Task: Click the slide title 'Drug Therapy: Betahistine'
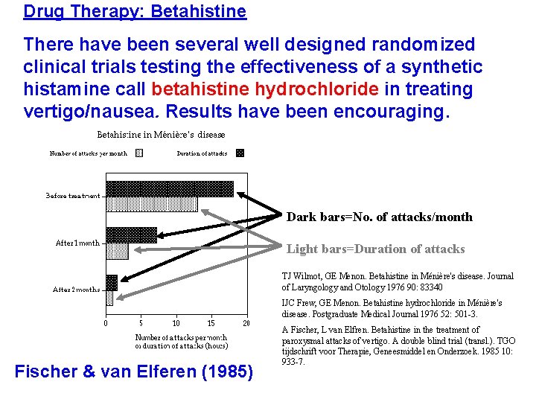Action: pyautogui.click(x=135, y=11)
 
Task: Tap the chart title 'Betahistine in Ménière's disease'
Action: pyautogui.click(x=162, y=135)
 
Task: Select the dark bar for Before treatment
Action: pyautogui.click(x=170, y=188)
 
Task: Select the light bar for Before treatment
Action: pyautogui.click(x=152, y=203)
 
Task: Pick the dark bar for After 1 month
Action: pyautogui.click(x=132, y=234)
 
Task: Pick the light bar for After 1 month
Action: pyautogui.click(x=117, y=251)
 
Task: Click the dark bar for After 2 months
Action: pyautogui.click(x=112, y=282)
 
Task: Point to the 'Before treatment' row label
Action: pyautogui.click(x=73, y=197)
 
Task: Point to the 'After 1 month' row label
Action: pyautogui.click(x=77, y=243)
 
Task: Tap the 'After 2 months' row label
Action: pyautogui.click(x=76, y=290)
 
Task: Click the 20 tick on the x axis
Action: pyautogui.click(x=246, y=323)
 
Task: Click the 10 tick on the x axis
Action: pyautogui.click(x=176, y=323)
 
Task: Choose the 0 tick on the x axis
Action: pyautogui.click(x=106, y=323)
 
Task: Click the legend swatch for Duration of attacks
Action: pyautogui.click(x=240, y=153)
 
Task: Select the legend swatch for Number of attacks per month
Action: pyautogui.click(x=139, y=153)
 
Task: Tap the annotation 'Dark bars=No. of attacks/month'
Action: pyautogui.click(x=380, y=217)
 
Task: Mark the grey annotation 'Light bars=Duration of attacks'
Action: pyautogui.click(x=376, y=249)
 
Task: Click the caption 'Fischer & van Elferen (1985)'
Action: pyautogui.click(x=134, y=371)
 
